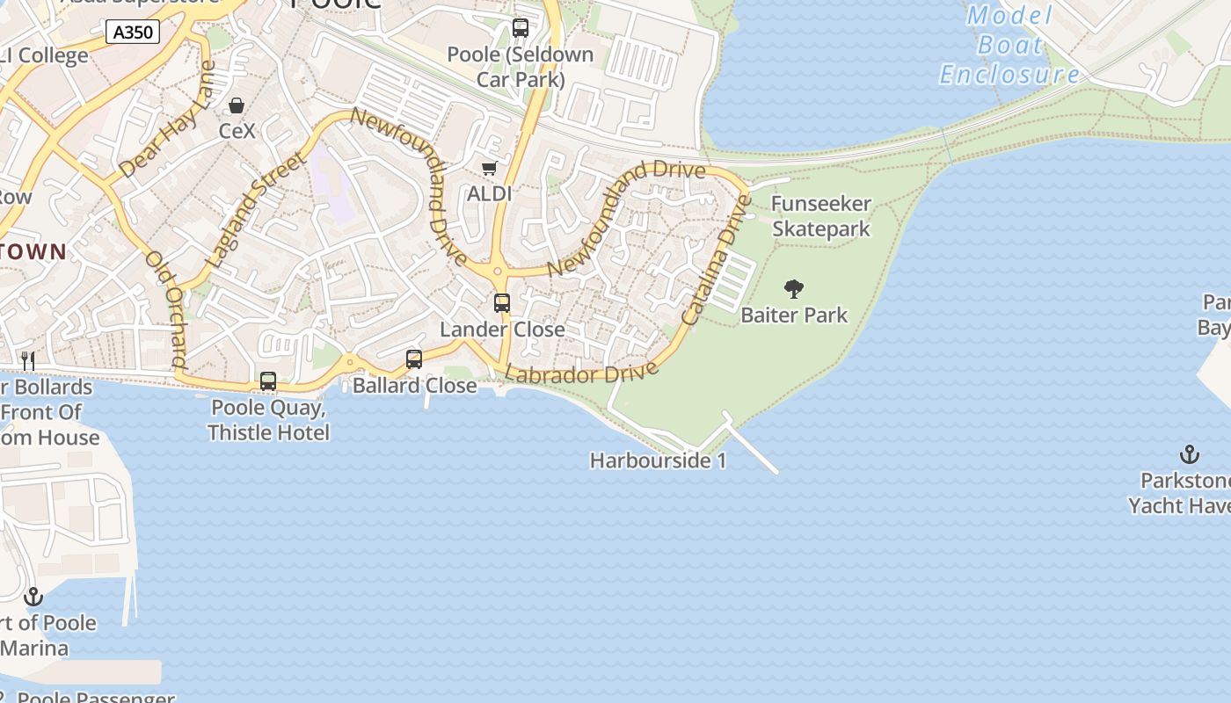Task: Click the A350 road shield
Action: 134,33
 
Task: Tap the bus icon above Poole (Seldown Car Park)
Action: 521,28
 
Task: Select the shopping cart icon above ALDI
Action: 489,168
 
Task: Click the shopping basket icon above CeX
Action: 237,105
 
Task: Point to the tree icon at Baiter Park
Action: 794,288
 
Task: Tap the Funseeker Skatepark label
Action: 820,216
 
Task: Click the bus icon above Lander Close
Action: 502,303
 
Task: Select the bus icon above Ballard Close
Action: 414,359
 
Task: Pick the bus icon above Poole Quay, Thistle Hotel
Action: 268,381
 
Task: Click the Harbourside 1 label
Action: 658,460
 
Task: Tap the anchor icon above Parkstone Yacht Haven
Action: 1189,454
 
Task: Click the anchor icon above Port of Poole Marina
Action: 33,597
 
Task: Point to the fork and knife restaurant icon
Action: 28,360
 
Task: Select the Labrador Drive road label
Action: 582,373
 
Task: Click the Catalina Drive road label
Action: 717,260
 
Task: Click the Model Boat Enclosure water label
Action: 1009,45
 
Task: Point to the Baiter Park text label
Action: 794,315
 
